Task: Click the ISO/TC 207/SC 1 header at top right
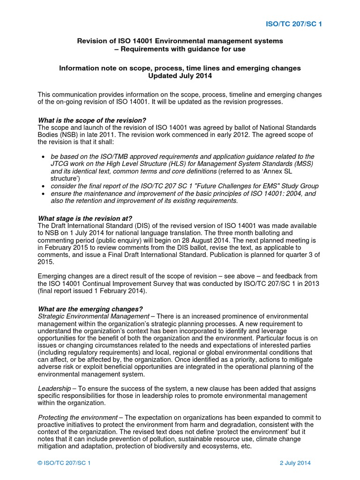pos(294,24)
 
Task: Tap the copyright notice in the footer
pos(64,463)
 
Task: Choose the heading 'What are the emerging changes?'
pos(90,309)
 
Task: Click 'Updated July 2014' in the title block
pos(180,76)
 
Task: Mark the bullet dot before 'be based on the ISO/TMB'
pos(43,157)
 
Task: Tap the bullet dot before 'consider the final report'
pos(43,186)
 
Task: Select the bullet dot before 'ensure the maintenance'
pos(43,194)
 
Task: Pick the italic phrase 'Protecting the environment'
pos(77,418)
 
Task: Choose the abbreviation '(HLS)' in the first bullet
pos(197,164)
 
